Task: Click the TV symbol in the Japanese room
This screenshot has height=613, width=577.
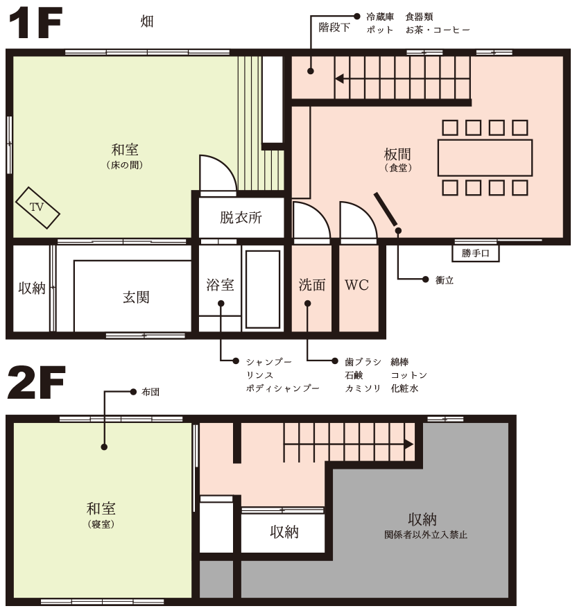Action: pos(37,207)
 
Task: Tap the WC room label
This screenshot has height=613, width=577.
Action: pos(356,285)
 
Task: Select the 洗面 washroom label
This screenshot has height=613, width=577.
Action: pos(312,285)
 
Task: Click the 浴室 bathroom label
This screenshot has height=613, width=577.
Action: pos(220,285)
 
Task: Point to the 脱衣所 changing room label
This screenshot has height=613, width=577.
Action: pos(241,218)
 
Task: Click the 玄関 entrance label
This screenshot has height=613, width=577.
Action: pos(136,297)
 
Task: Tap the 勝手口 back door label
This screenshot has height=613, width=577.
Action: pos(476,254)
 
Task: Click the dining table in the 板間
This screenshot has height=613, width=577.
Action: pos(485,157)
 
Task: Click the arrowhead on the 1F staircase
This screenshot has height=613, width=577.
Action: pos(339,78)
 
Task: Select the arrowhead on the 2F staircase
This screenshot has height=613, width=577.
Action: pos(409,444)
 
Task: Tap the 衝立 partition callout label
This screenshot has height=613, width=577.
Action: pos(445,280)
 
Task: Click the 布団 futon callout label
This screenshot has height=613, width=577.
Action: pos(150,392)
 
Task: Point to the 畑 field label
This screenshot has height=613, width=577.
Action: pos(147,22)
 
